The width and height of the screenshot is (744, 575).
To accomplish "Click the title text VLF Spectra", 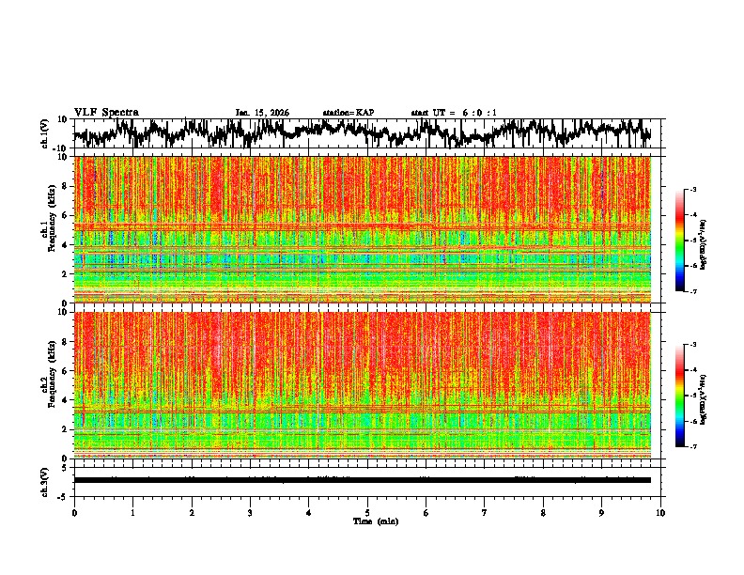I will coord(106,112).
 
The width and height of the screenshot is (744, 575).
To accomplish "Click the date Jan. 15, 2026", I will coord(262,113).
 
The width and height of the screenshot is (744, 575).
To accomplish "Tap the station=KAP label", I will coord(349,113).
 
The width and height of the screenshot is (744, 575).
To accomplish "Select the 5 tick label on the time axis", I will coord(367,512).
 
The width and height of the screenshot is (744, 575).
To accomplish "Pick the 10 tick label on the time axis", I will coord(661,512).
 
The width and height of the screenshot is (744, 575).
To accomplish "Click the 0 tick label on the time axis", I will coord(74,512).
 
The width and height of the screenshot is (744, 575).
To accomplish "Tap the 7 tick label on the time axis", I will coord(485,512).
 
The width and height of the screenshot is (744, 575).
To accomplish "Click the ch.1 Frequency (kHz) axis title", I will coord(48,228).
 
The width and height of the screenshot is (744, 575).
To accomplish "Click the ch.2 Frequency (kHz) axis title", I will coord(48,384).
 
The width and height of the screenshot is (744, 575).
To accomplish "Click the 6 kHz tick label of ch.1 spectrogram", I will coord(64,216).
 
